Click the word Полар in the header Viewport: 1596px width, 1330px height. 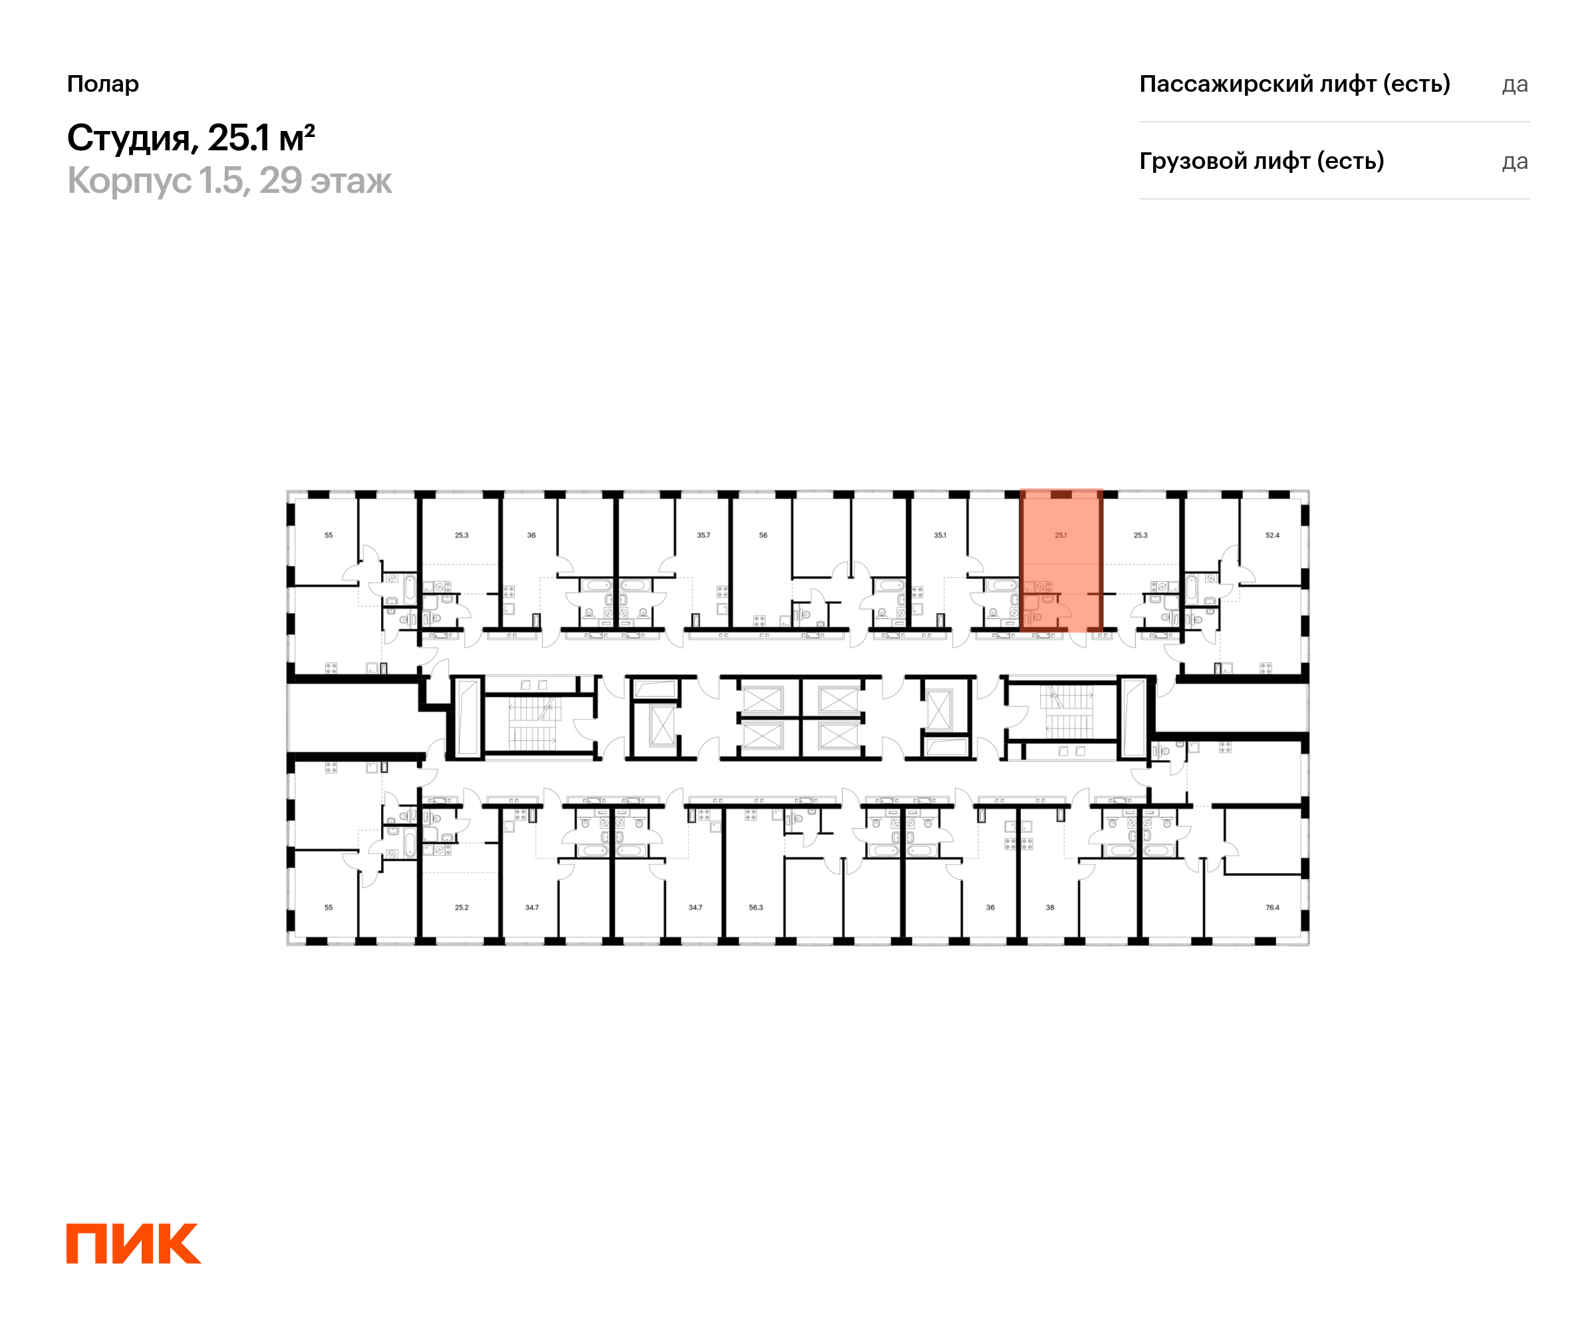point(102,84)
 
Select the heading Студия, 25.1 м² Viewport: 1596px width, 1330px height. point(191,138)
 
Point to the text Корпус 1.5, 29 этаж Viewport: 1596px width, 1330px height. point(229,181)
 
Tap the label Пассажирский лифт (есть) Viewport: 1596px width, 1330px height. point(1294,84)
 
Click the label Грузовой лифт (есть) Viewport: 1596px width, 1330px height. point(1261,161)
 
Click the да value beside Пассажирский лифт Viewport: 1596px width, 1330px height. point(1514,85)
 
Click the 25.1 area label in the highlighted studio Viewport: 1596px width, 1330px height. point(1060,535)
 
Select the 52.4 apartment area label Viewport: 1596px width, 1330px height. point(1272,535)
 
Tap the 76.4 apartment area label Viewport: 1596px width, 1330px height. point(1272,908)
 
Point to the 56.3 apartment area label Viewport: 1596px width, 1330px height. point(755,908)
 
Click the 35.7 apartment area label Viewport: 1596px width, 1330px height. point(703,535)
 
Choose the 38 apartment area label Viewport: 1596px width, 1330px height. point(1049,908)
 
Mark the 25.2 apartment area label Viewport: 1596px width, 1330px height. point(462,908)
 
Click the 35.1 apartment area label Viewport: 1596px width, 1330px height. point(940,535)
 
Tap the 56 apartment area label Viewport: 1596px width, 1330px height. point(763,535)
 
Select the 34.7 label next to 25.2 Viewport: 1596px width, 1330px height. point(531,908)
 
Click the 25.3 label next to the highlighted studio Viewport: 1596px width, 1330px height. point(1140,535)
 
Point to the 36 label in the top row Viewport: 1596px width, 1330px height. point(531,535)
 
